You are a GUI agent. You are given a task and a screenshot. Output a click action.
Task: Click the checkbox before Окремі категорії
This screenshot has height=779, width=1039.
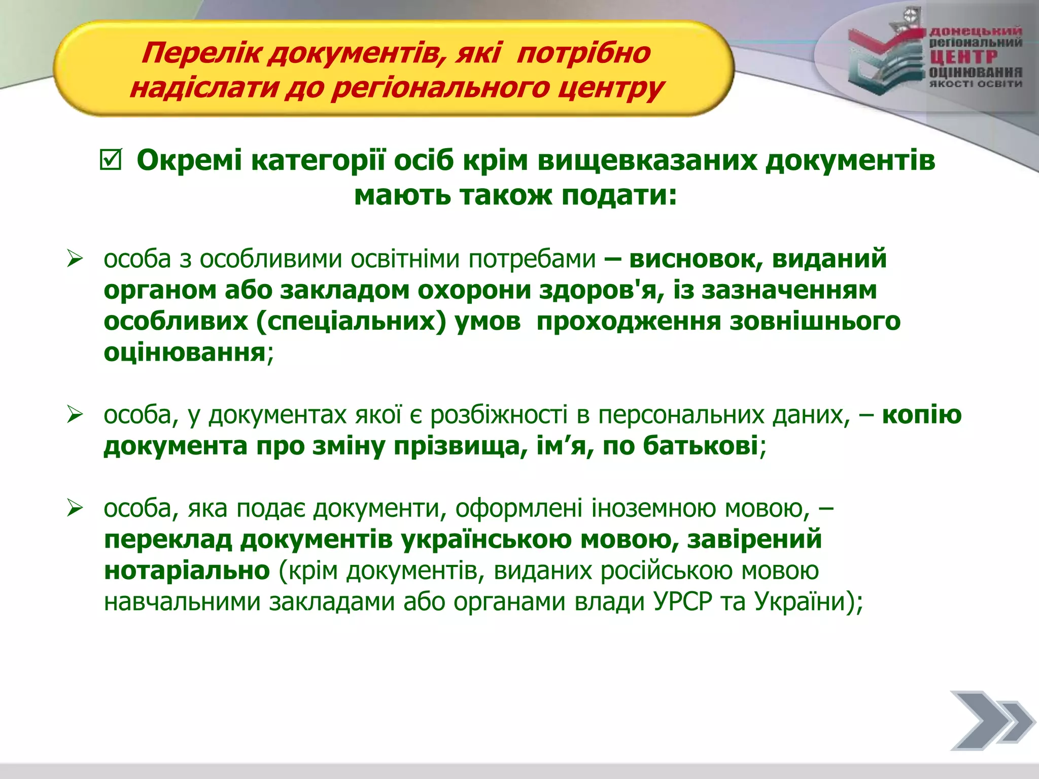(111, 160)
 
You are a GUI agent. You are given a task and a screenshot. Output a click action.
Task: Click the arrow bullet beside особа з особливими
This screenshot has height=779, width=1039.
(75, 260)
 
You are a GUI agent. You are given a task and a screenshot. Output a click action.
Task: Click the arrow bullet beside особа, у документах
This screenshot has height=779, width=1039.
(75, 415)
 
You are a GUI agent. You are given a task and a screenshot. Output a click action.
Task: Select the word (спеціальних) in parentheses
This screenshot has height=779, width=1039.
(351, 322)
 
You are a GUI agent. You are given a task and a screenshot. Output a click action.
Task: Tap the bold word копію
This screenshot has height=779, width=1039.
(921, 415)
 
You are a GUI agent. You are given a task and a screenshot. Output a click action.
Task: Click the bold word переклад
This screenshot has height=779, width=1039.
(168, 540)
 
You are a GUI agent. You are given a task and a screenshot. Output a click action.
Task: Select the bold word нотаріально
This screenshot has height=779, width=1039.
(187, 571)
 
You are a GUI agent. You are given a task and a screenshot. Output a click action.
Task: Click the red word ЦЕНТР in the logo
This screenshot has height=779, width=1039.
(963, 57)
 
